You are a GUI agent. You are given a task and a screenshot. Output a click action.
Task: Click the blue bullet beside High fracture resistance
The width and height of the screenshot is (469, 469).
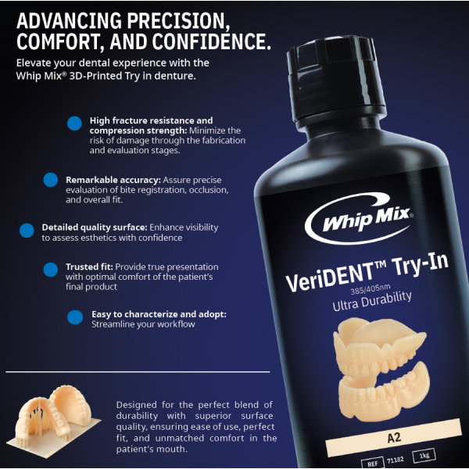point(74,124)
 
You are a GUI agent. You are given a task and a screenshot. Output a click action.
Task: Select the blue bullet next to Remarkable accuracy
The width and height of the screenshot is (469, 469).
point(51,180)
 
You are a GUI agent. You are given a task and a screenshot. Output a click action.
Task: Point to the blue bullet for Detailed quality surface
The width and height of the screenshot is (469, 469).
point(27,231)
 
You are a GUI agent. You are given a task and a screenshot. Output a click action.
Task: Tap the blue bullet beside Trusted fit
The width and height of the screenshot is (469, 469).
point(51,270)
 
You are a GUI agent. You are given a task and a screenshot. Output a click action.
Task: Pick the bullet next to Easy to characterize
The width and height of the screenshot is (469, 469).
point(75,317)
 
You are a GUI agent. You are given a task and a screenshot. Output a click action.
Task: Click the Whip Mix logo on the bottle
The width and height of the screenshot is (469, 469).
point(359,218)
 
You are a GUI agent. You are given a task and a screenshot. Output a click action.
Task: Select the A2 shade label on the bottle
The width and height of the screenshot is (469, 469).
point(394,438)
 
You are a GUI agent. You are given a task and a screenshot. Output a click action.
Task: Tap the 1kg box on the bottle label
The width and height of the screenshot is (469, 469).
point(424,456)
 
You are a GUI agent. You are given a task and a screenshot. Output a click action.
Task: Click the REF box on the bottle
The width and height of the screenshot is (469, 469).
point(372,463)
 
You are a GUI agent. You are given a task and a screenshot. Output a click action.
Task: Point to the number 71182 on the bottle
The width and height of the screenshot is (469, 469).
point(395,460)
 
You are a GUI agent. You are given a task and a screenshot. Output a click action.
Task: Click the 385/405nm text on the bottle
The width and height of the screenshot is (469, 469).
point(371,289)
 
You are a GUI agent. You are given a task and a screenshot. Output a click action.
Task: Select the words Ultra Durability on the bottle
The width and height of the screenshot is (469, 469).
point(372,301)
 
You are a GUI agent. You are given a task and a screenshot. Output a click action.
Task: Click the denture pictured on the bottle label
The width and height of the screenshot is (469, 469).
point(381,370)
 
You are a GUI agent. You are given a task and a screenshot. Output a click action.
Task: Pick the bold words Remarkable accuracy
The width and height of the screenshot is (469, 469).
point(113,180)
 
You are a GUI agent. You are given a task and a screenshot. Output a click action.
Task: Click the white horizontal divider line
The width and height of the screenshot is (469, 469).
point(138,372)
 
